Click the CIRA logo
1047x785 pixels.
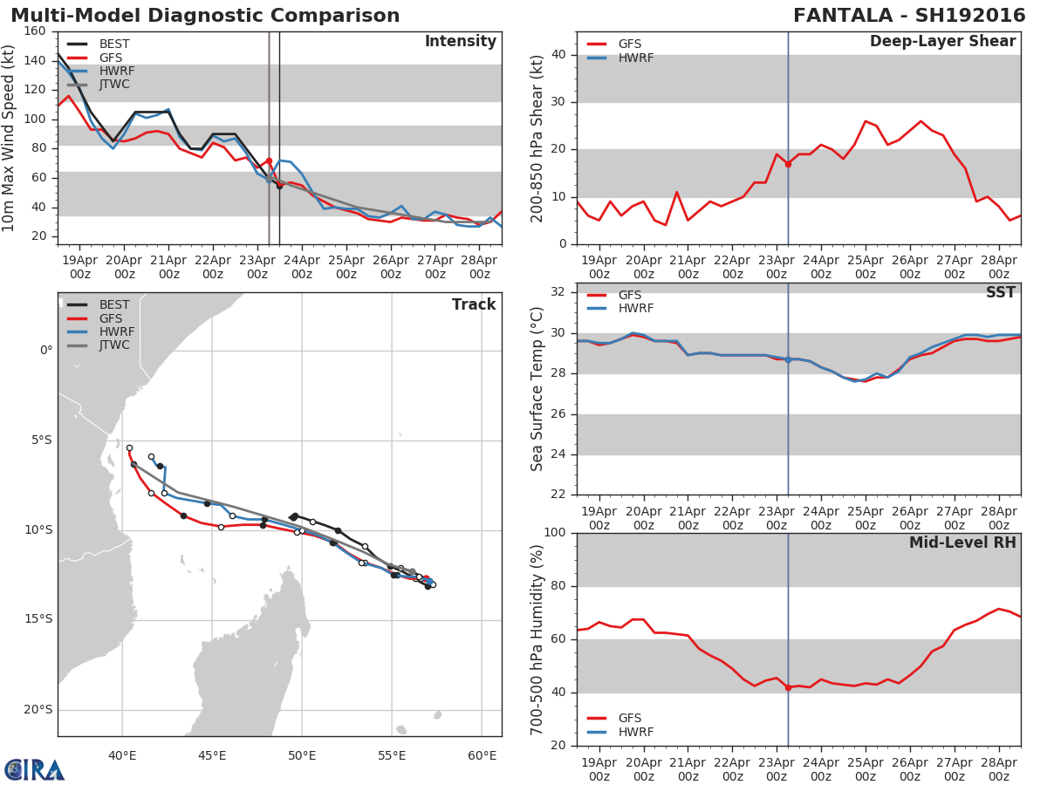pos(35,770)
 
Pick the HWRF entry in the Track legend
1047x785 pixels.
pos(117,331)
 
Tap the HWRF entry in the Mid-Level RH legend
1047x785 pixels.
pos(635,732)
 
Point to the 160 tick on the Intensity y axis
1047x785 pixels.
pos(36,31)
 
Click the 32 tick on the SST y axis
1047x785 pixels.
pos(559,292)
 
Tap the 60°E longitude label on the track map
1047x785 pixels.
pos(482,755)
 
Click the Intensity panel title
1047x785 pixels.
pos(460,42)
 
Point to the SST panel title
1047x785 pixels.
pos(1000,293)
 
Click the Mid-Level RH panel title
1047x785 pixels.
pos(961,543)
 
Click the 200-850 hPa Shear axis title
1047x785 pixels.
pos(537,138)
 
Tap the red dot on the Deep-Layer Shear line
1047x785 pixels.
pos(788,164)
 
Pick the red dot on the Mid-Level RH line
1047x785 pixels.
pos(788,687)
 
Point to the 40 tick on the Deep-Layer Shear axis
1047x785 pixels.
pos(559,55)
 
